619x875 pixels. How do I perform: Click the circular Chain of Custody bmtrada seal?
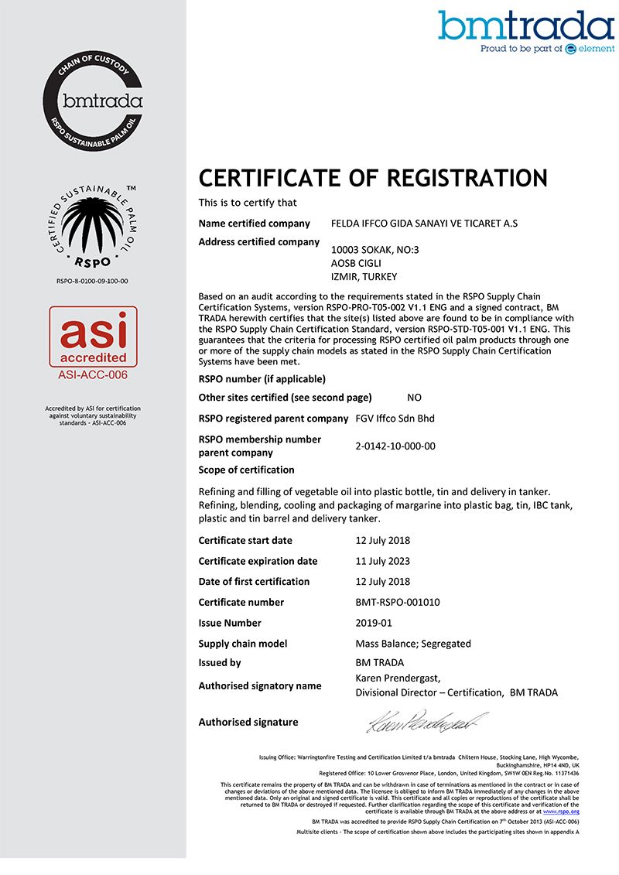(x=93, y=100)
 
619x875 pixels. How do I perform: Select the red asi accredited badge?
(x=93, y=337)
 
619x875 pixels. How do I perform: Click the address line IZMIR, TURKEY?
(x=364, y=276)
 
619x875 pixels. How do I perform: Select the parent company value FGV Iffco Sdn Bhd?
(x=395, y=419)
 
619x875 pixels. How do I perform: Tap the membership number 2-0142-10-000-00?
(x=395, y=446)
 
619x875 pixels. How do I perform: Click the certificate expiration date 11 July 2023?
(x=382, y=561)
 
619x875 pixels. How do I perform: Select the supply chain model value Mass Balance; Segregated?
(x=413, y=644)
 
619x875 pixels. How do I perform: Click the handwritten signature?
(x=427, y=722)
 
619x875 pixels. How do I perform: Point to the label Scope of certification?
(x=246, y=470)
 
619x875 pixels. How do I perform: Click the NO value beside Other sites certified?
(x=414, y=398)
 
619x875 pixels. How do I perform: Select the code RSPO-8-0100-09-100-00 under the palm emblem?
(x=93, y=281)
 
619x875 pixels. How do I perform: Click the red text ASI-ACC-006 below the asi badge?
(x=93, y=375)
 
